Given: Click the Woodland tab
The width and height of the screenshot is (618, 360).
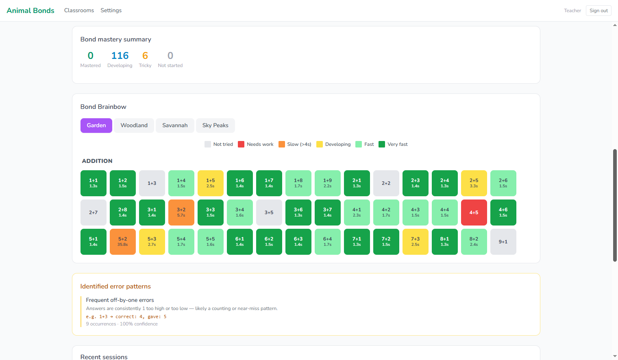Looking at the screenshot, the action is (134, 126).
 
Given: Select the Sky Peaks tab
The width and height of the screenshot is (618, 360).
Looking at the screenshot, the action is (215, 126).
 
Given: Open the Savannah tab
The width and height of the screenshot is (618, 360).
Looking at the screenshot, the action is (175, 126).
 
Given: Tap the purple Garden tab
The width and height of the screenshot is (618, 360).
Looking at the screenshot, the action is (96, 126).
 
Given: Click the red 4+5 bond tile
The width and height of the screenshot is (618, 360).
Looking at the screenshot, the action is (474, 213).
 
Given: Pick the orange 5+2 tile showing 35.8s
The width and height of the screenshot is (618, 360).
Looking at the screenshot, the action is (122, 242).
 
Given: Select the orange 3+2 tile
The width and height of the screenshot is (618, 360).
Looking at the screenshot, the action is (181, 213).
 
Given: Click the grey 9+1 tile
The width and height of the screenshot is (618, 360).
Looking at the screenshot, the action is (503, 242).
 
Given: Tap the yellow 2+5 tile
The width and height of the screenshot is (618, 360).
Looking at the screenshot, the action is (474, 183).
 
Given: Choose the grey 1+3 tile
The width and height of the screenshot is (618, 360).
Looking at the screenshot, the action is (152, 183).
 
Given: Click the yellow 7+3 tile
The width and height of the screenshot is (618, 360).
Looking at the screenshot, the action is (415, 242).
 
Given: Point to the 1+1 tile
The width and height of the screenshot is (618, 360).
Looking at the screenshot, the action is (93, 183).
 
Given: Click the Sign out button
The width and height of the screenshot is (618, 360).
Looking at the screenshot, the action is (598, 11).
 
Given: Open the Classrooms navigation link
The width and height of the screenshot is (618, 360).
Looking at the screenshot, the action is (79, 11).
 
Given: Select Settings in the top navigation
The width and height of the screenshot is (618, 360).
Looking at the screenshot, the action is (111, 11).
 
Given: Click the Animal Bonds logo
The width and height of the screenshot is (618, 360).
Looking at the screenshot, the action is (30, 11).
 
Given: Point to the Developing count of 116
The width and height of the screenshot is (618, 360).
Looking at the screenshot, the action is (120, 56).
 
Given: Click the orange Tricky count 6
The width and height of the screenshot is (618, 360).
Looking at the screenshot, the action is (145, 56).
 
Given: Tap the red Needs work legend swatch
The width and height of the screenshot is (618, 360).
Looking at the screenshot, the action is (241, 144).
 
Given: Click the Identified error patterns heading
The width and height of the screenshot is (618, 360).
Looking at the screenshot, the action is (115, 286).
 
